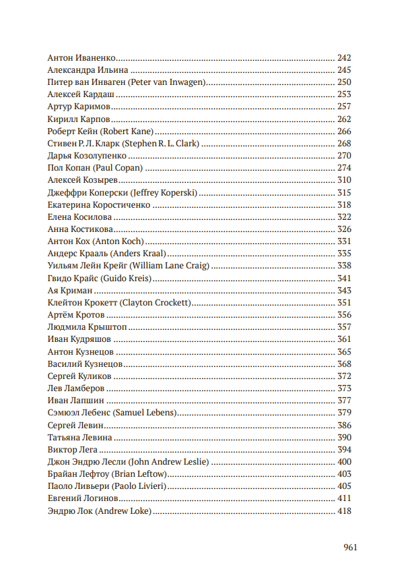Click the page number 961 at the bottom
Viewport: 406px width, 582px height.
pyautogui.click(x=349, y=547)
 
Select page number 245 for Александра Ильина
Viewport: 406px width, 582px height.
pyautogui.click(x=344, y=70)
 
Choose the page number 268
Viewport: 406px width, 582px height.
pyautogui.click(x=344, y=144)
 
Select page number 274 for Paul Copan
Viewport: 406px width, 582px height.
pyautogui.click(x=344, y=168)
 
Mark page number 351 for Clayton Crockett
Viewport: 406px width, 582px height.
pyautogui.click(x=344, y=303)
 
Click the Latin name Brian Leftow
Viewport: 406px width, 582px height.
pyautogui.click(x=137, y=474)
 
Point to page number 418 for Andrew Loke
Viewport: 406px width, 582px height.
pyautogui.click(x=344, y=511)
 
